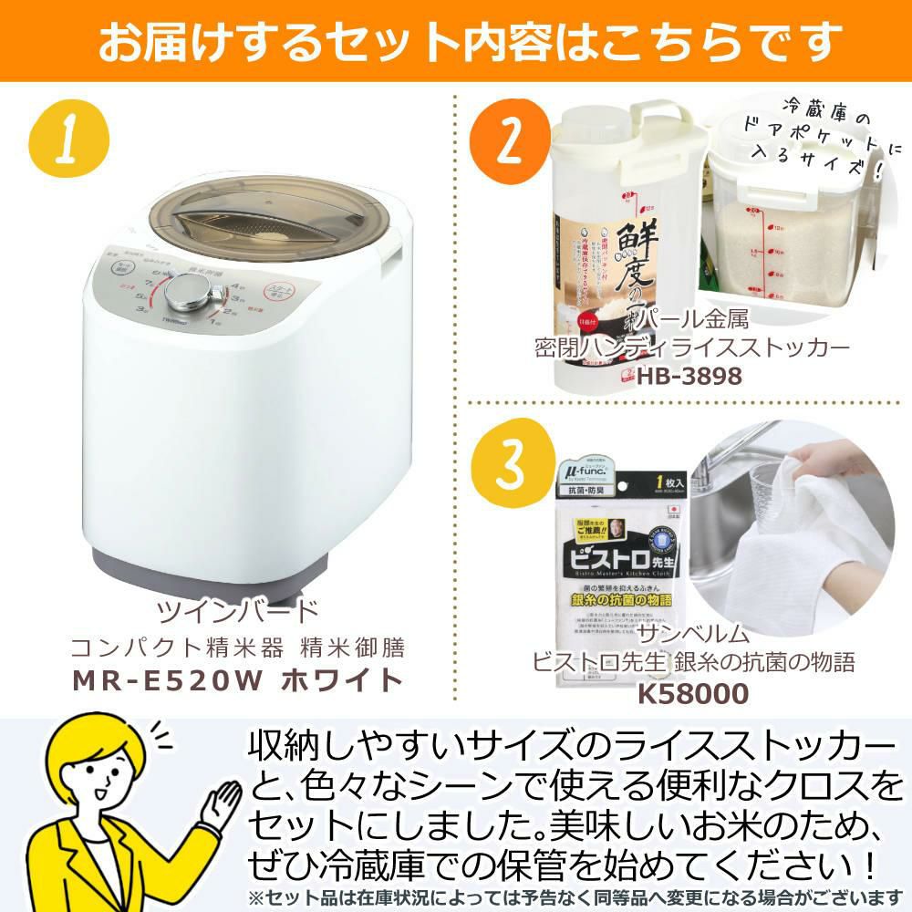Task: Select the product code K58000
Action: (692, 692)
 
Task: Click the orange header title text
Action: (456, 41)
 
